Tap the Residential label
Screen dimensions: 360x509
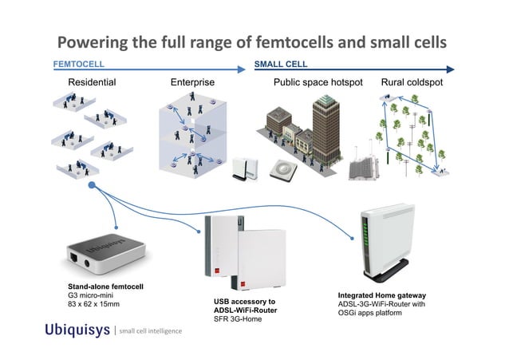point(92,82)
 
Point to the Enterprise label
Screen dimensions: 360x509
point(192,82)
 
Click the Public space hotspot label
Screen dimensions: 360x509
point(318,82)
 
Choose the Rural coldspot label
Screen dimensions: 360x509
point(412,82)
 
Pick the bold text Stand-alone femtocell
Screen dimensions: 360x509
point(105,286)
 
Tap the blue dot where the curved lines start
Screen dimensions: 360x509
point(93,185)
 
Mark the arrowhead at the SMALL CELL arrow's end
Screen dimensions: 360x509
point(450,69)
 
